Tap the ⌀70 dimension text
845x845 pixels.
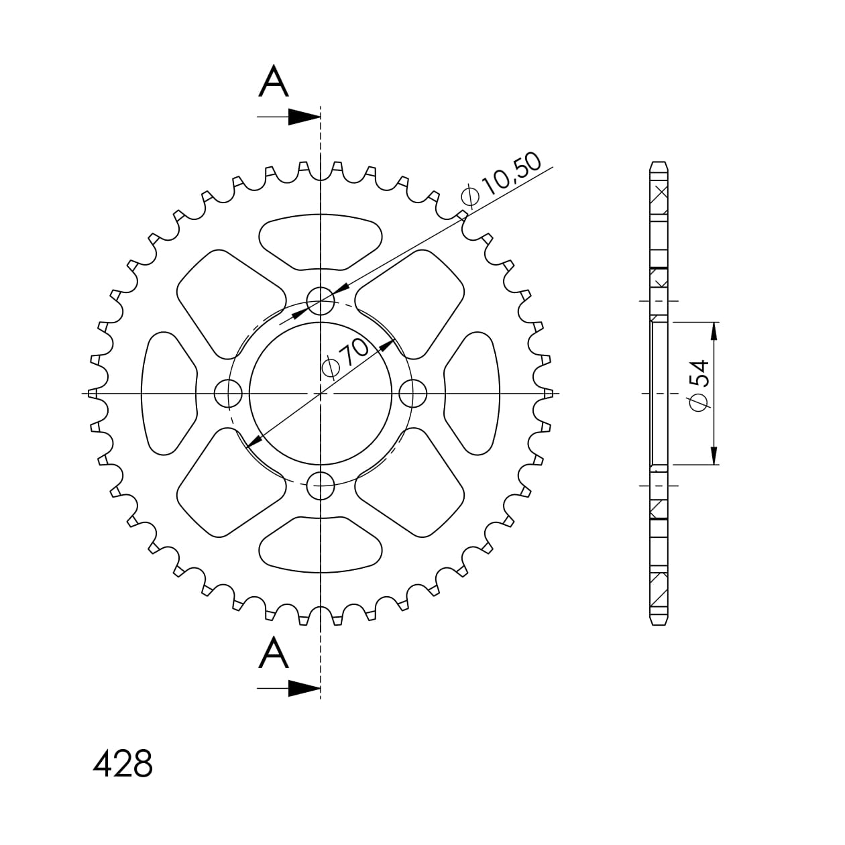click(x=345, y=359)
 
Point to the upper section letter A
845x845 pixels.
click(x=274, y=81)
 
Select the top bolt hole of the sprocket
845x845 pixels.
click(x=321, y=301)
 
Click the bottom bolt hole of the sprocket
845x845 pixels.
click(x=321, y=486)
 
